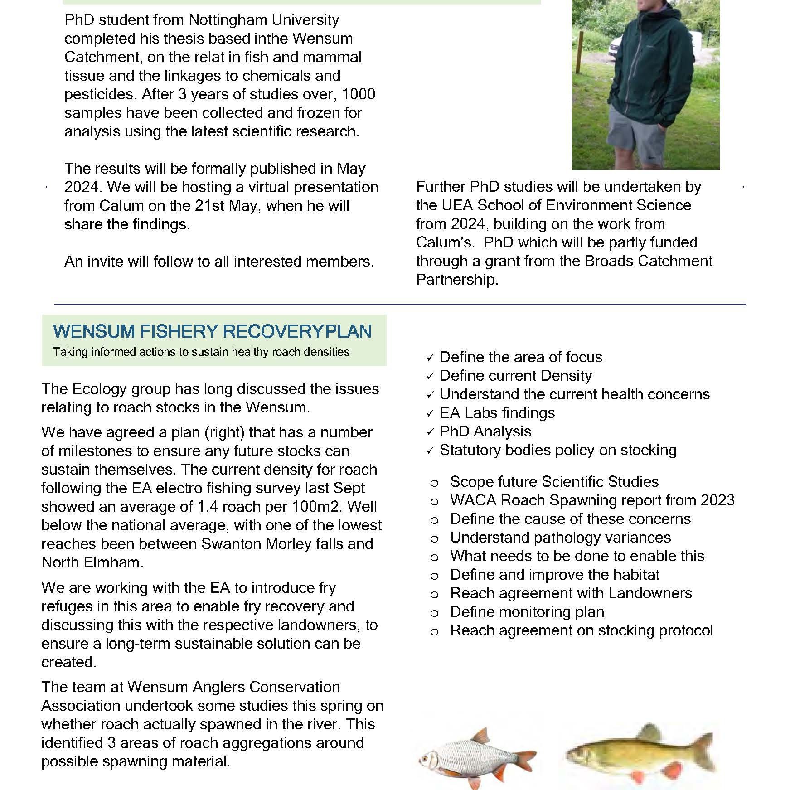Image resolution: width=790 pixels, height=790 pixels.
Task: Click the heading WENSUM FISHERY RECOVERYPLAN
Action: click(212, 331)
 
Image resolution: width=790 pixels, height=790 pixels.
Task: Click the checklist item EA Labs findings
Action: click(497, 413)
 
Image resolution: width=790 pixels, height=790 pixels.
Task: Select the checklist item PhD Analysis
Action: click(485, 431)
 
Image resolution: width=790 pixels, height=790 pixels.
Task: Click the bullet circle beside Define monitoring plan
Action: click(434, 613)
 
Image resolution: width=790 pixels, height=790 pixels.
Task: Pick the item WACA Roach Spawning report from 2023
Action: click(592, 500)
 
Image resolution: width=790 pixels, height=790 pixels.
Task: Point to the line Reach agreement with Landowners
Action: click(571, 593)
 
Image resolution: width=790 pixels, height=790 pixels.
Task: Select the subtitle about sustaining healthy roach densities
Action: click(201, 352)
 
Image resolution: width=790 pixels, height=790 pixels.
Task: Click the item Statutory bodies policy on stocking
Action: click(558, 450)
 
